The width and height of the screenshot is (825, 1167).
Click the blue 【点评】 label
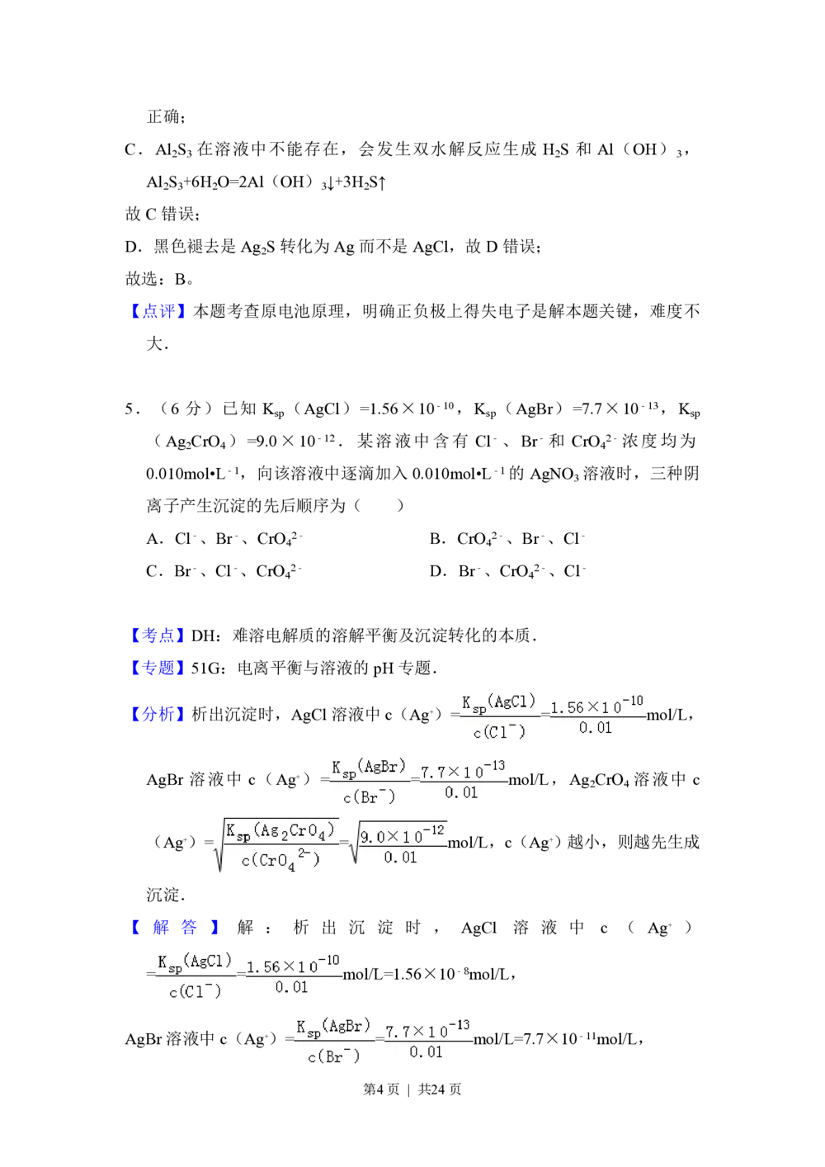(x=158, y=310)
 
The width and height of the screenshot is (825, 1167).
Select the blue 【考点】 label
(x=158, y=635)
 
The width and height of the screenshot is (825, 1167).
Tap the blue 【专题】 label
(x=158, y=668)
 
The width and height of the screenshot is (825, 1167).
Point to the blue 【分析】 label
(x=158, y=715)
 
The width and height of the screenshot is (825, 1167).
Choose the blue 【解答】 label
(x=174, y=928)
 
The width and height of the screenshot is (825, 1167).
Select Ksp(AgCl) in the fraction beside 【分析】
(x=498, y=702)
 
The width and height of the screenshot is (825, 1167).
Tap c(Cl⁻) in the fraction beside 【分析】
(x=498, y=732)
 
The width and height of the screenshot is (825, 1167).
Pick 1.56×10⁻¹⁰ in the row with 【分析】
(x=596, y=706)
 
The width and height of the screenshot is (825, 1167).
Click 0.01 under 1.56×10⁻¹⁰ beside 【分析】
(x=596, y=728)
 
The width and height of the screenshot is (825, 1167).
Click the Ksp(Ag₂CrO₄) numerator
(x=280, y=832)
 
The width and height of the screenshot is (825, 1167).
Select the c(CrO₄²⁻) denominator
(x=280, y=861)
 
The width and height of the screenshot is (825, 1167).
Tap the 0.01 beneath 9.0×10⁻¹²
(x=401, y=858)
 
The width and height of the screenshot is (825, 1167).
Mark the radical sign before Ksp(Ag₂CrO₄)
(x=219, y=846)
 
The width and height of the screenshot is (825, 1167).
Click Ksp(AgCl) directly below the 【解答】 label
(x=195, y=962)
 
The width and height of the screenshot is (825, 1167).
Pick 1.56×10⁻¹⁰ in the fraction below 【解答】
(x=293, y=964)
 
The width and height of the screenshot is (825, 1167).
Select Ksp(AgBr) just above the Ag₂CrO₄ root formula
(x=368, y=768)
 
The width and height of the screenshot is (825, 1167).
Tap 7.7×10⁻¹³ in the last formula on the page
(x=427, y=1030)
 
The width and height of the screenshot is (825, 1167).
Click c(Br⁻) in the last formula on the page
(x=333, y=1056)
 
